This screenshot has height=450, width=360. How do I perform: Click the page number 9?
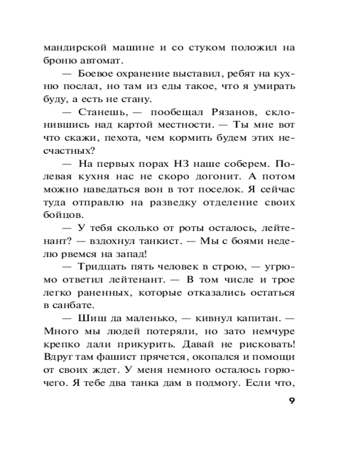tap(292, 400)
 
